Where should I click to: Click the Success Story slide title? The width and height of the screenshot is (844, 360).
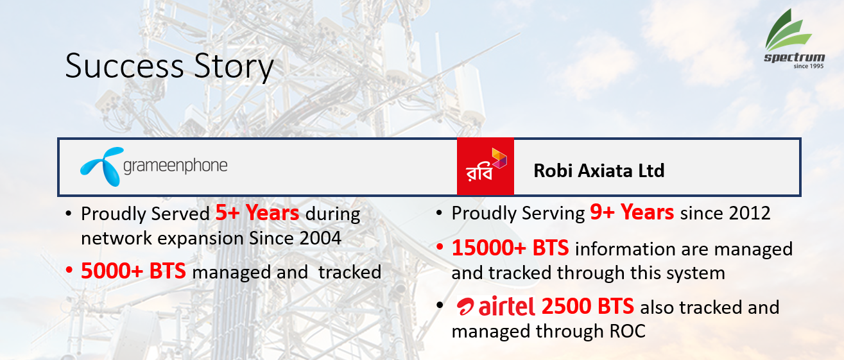click(169, 67)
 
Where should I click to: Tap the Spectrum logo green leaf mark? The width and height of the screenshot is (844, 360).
click(788, 30)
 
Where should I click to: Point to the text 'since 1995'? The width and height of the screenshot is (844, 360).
click(809, 66)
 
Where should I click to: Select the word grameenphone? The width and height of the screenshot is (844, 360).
click(175, 166)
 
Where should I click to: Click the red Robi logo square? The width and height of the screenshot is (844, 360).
click(485, 166)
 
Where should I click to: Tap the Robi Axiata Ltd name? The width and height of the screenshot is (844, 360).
click(599, 171)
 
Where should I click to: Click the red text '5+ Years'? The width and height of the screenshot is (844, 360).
click(257, 213)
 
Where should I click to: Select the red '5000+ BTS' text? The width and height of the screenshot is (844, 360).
click(133, 271)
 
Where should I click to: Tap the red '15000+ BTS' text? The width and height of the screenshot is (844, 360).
click(510, 248)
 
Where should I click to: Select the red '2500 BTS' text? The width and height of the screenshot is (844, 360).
click(588, 306)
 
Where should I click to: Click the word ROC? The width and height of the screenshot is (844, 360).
click(627, 332)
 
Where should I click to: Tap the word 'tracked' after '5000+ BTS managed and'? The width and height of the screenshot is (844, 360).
click(350, 272)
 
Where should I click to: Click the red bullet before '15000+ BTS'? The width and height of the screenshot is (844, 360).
click(440, 248)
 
